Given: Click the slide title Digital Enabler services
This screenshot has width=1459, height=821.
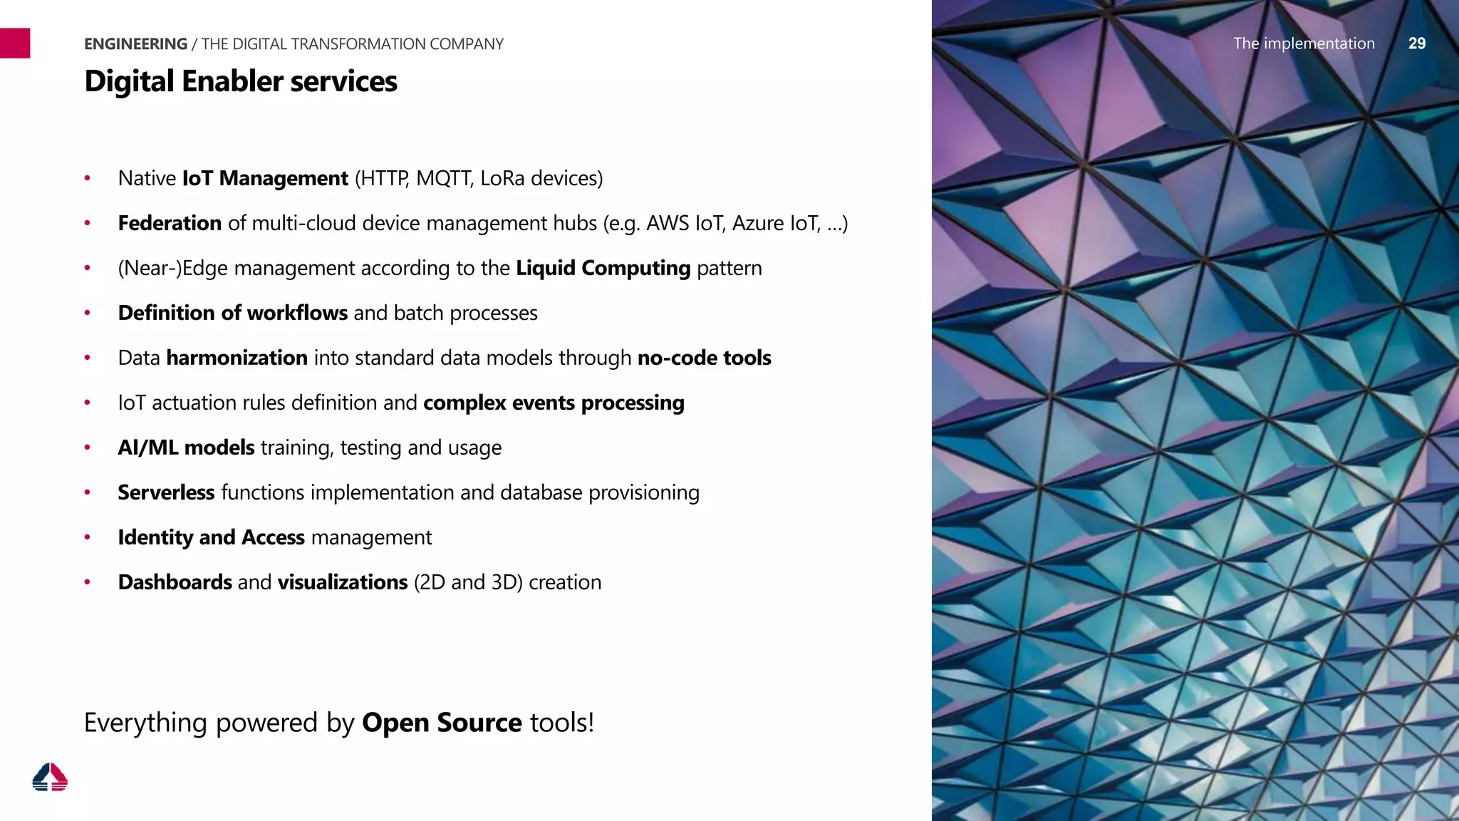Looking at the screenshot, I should (x=241, y=81).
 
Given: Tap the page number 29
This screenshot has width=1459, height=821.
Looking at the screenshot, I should (x=1416, y=43).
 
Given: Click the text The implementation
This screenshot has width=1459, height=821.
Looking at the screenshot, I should (x=1304, y=43).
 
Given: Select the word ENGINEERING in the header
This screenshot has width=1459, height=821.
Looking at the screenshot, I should (x=135, y=44).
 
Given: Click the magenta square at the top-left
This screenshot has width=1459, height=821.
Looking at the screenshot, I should (x=15, y=43).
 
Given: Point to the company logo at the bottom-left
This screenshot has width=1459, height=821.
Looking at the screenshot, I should (x=50, y=777).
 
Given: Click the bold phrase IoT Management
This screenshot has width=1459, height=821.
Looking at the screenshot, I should (x=265, y=178).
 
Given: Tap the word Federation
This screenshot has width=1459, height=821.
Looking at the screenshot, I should (x=170, y=223).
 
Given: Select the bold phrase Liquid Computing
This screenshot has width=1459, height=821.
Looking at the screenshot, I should (x=603, y=268).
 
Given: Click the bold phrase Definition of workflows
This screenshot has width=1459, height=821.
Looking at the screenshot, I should (x=232, y=313).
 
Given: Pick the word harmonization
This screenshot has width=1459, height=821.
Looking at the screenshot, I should (x=237, y=358).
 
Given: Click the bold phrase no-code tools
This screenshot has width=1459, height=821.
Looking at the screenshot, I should (x=704, y=358).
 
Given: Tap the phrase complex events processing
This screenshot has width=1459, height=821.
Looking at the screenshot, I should (x=554, y=403).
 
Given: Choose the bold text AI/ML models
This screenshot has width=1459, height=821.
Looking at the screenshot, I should (x=186, y=448).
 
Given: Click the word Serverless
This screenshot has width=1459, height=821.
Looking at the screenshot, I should (x=166, y=492).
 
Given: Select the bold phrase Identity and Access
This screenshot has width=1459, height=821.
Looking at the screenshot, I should (x=211, y=537).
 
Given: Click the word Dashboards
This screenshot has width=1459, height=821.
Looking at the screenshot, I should (x=175, y=582).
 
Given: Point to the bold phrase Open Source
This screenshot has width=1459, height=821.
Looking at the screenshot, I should (x=442, y=723).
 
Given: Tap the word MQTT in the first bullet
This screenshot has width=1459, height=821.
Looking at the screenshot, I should (x=444, y=178).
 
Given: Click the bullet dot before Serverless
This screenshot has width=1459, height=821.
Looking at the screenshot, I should (x=87, y=492).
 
